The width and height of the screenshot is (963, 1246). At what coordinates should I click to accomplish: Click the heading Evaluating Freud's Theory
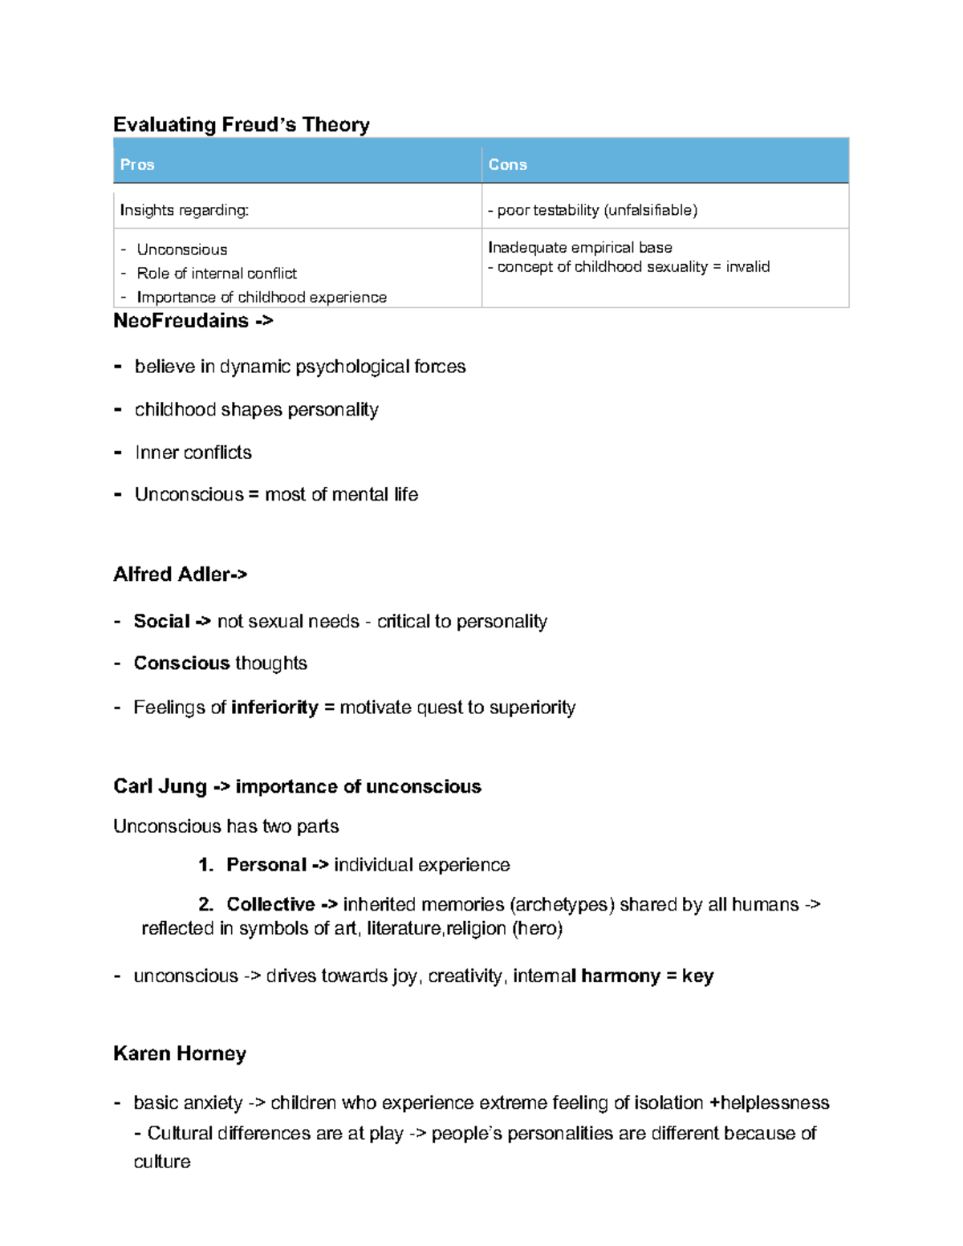[x=241, y=125]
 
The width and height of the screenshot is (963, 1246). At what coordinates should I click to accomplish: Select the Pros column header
[x=137, y=164]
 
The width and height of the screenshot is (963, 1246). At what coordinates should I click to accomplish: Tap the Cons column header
[x=507, y=164]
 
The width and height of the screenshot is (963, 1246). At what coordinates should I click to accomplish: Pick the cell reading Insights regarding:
[x=185, y=210]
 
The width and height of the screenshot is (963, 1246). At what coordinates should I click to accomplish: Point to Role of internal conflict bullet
[x=217, y=274]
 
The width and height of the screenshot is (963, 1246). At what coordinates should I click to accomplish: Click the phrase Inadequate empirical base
[x=579, y=247]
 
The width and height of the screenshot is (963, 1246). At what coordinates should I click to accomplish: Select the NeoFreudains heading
[x=181, y=321]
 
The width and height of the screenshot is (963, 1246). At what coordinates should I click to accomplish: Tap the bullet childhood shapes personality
[x=256, y=410]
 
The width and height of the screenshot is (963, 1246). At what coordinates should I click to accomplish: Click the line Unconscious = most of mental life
[x=276, y=494]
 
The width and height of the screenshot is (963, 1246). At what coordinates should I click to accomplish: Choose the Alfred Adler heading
[x=172, y=574]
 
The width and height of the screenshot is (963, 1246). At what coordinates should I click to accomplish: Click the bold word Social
[x=161, y=621]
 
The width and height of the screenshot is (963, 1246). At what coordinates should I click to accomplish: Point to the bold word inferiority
[x=274, y=708]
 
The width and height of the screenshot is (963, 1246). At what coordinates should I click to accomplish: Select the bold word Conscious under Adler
[x=181, y=664]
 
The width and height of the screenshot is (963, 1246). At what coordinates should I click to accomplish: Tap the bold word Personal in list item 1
[x=266, y=865]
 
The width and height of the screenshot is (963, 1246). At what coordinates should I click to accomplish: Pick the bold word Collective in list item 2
[x=270, y=905]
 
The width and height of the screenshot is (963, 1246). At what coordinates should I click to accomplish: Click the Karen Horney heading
[x=180, y=1053]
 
